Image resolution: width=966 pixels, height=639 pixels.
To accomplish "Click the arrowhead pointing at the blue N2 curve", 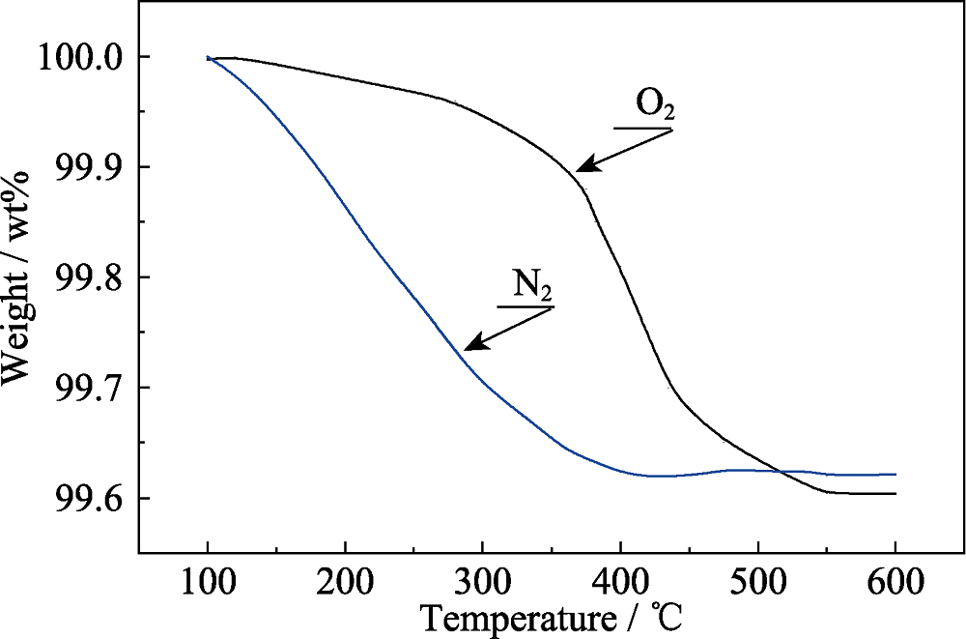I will (x=470, y=346).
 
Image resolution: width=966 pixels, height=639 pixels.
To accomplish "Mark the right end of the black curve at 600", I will (x=895, y=494).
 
